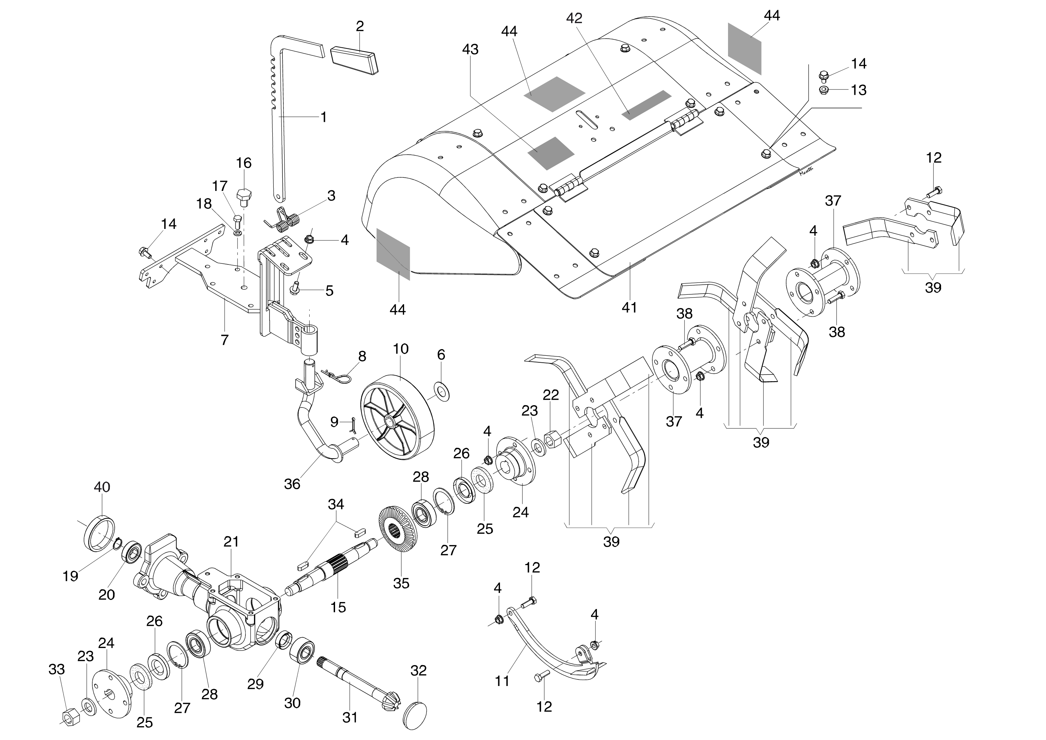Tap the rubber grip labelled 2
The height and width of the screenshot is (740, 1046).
point(354,59)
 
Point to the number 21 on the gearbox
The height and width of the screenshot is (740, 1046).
point(231,542)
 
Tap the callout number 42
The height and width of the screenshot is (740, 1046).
point(574,18)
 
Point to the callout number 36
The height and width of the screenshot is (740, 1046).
point(292,484)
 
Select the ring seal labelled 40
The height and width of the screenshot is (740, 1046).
point(100,533)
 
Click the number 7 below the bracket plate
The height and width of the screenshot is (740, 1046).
point(224,340)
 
